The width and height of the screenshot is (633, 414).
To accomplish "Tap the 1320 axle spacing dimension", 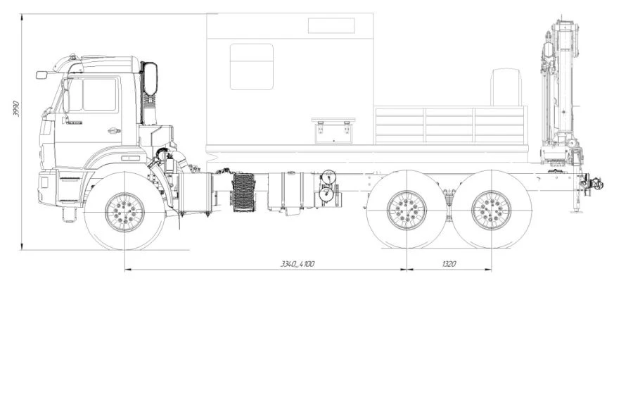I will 449,264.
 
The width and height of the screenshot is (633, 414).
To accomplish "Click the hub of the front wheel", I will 124,211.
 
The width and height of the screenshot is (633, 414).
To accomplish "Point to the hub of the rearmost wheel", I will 491,210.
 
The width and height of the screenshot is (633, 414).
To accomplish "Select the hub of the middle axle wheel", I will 407,210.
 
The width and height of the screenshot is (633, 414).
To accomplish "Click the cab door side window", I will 99,94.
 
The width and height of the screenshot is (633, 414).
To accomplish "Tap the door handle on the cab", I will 113,130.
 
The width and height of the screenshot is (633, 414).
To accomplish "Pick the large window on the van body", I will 251,67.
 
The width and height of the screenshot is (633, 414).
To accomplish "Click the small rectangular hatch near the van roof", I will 331,26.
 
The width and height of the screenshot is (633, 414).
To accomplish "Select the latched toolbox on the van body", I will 331,131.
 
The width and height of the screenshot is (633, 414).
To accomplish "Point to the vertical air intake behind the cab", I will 149,92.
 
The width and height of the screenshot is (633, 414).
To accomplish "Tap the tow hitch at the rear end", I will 592,185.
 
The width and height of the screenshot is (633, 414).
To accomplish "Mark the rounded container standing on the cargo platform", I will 506,87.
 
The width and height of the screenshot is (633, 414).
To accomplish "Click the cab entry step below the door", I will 69,212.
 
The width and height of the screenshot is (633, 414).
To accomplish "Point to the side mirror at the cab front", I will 41,75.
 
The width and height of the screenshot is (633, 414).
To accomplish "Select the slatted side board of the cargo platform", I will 450,125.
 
